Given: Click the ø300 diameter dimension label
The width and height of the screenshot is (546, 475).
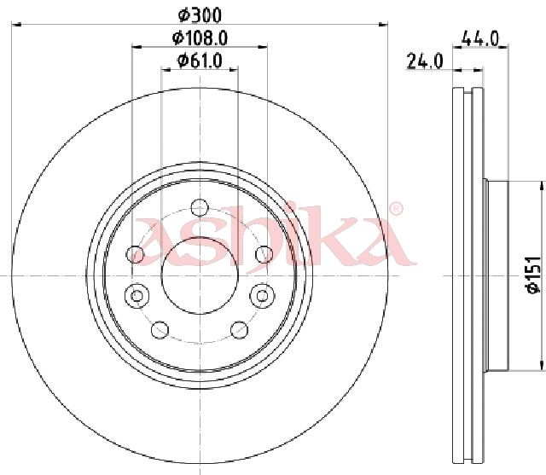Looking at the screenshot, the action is click(200, 15).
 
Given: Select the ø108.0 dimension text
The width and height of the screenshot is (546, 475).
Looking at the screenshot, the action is click(200, 38).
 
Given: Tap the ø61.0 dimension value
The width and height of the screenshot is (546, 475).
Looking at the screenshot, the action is click(200, 61).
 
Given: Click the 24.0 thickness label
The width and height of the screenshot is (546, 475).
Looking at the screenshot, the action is click(425, 61).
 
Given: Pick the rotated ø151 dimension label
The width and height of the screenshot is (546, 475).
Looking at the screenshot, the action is click(533, 275).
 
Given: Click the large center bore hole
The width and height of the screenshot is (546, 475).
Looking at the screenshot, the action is click(200, 275).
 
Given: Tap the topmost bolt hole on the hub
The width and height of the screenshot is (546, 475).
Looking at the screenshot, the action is click(200, 208).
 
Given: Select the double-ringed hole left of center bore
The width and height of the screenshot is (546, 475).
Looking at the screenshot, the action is click(136, 296).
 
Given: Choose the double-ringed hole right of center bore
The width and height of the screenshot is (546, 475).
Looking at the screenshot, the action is click(263, 296).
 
